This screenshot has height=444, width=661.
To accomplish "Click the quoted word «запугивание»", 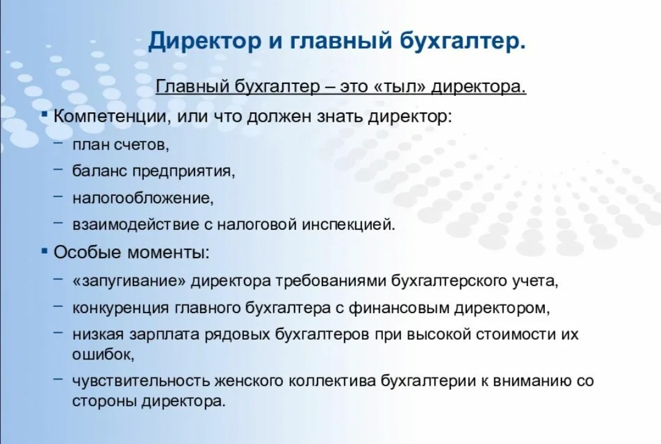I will tap(130, 281).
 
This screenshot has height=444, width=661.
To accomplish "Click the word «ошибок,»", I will tap(103, 354).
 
